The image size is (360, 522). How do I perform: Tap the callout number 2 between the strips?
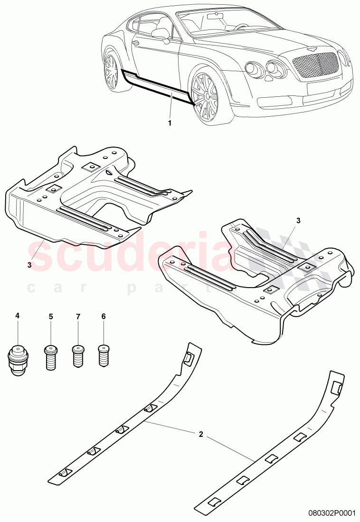coord(201,434)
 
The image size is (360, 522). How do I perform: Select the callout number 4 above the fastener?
coord(18,316)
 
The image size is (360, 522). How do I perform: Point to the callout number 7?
coord(78,316)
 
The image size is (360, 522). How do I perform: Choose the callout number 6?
coord(104,316)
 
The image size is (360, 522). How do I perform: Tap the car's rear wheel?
coord(112,71)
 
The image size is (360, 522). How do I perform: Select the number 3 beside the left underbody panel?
coord(29,265)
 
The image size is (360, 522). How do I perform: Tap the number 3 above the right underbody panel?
coord(298,221)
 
